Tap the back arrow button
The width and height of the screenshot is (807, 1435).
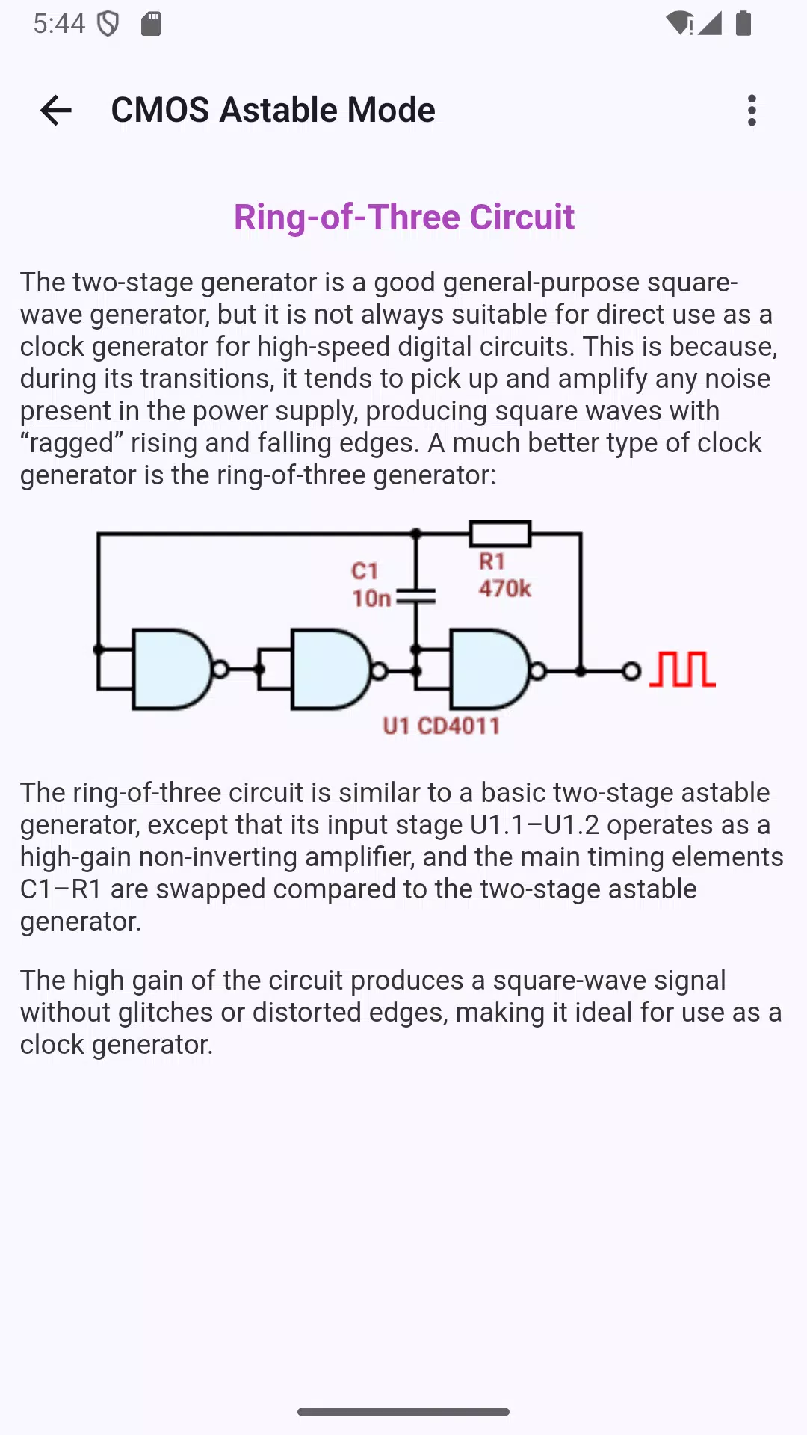(56, 111)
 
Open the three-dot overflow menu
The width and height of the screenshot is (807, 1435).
(752, 111)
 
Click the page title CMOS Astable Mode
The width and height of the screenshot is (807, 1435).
(273, 111)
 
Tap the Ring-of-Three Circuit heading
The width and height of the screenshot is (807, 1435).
(404, 217)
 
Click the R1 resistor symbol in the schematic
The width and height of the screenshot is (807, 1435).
(500, 534)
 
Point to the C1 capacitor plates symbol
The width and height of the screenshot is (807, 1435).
(416, 596)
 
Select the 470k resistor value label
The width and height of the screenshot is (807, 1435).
(505, 589)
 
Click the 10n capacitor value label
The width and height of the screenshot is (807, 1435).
(371, 599)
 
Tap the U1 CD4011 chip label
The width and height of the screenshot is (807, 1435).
(441, 726)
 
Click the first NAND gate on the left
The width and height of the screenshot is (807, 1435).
(172, 669)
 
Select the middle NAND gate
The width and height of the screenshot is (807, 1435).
(331, 669)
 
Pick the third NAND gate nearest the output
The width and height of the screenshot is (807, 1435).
(490, 669)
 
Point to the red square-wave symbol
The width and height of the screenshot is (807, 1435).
(682, 669)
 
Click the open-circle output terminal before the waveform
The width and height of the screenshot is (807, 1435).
(631, 671)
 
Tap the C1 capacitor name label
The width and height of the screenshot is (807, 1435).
(365, 571)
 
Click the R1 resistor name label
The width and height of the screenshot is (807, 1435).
(492, 561)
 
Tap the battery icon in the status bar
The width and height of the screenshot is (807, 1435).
(743, 23)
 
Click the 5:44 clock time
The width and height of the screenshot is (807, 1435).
(60, 23)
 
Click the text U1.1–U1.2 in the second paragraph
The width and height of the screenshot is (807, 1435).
(535, 824)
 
